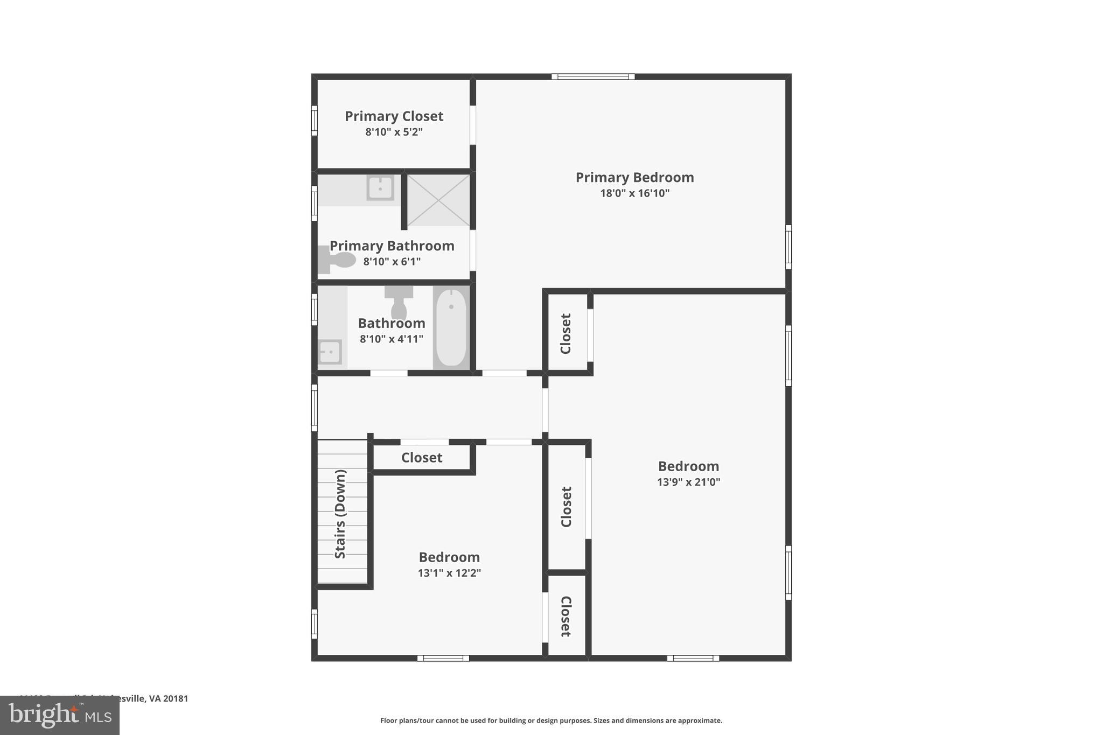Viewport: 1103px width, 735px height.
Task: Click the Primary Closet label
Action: click(394, 116)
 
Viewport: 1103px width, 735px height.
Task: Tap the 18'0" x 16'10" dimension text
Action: click(634, 193)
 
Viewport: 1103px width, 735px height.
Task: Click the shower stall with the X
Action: click(438, 200)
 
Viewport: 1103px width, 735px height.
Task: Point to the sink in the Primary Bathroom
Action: click(380, 188)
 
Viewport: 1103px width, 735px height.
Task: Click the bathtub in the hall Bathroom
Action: click(451, 327)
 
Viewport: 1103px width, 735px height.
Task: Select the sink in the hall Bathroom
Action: click(329, 352)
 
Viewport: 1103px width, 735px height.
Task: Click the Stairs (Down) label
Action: click(340, 514)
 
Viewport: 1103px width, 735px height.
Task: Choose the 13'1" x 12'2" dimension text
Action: click(449, 573)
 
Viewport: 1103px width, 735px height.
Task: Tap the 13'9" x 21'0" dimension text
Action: click(688, 482)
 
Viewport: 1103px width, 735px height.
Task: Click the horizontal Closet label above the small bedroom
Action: click(422, 458)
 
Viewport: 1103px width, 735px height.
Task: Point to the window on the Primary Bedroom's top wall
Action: click(593, 76)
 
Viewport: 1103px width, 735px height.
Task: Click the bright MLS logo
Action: click(60, 715)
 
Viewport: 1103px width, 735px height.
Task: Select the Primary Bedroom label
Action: click(634, 177)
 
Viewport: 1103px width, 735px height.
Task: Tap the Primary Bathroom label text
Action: click(392, 246)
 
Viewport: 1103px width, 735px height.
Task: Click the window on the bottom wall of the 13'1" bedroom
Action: click(443, 658)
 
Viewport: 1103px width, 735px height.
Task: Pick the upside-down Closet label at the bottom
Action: click(566, 617)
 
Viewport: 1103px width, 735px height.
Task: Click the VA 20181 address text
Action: click(162, 698)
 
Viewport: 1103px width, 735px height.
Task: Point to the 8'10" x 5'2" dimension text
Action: click(394, 132)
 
